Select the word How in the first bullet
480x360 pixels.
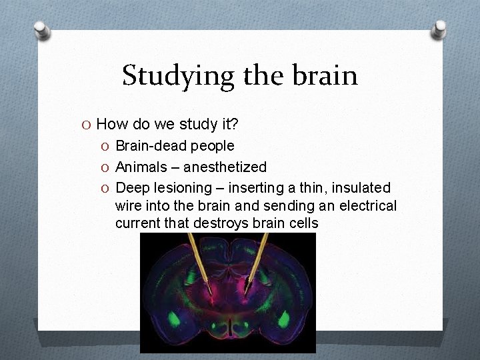(111, 124)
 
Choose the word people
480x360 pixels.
(211, 145)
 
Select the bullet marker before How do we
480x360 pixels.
(87, 124)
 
